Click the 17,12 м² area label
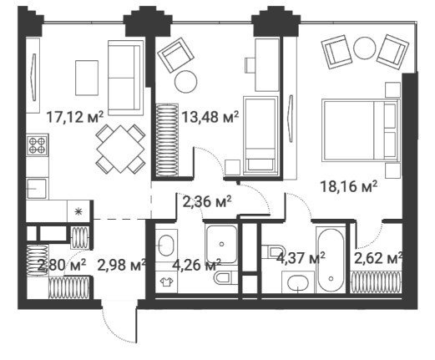(75, 117)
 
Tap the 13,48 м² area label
(210, 117)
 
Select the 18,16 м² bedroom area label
(349, 186)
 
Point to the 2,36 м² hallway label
(207, 201)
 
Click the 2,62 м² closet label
(378, 259)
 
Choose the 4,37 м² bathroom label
(301, 257)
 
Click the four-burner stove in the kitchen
(38, 145)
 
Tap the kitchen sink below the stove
(37, 189)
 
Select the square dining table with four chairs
(120, 150)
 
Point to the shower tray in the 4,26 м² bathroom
(221, 245)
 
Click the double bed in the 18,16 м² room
(361, 130)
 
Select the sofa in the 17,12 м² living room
(125, 78)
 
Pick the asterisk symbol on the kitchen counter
(78, 211)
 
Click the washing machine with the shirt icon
(166, 282)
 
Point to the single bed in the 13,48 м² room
(260, 135)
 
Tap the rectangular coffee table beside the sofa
(87, 78)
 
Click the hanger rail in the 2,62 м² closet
(376, 281)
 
